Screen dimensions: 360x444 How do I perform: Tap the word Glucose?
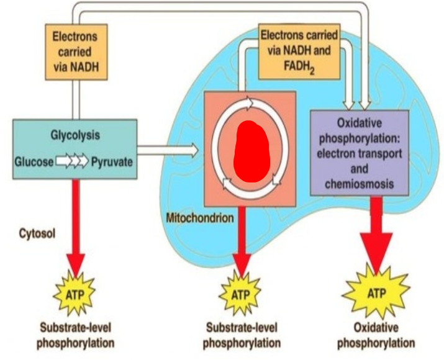35,163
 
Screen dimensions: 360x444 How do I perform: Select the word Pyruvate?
111,163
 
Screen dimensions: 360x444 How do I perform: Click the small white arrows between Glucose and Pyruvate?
73,163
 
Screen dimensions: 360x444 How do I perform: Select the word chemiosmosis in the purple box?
359,184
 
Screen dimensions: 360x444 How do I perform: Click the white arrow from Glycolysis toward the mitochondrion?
168,150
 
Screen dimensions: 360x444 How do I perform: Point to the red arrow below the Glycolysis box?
76,223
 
